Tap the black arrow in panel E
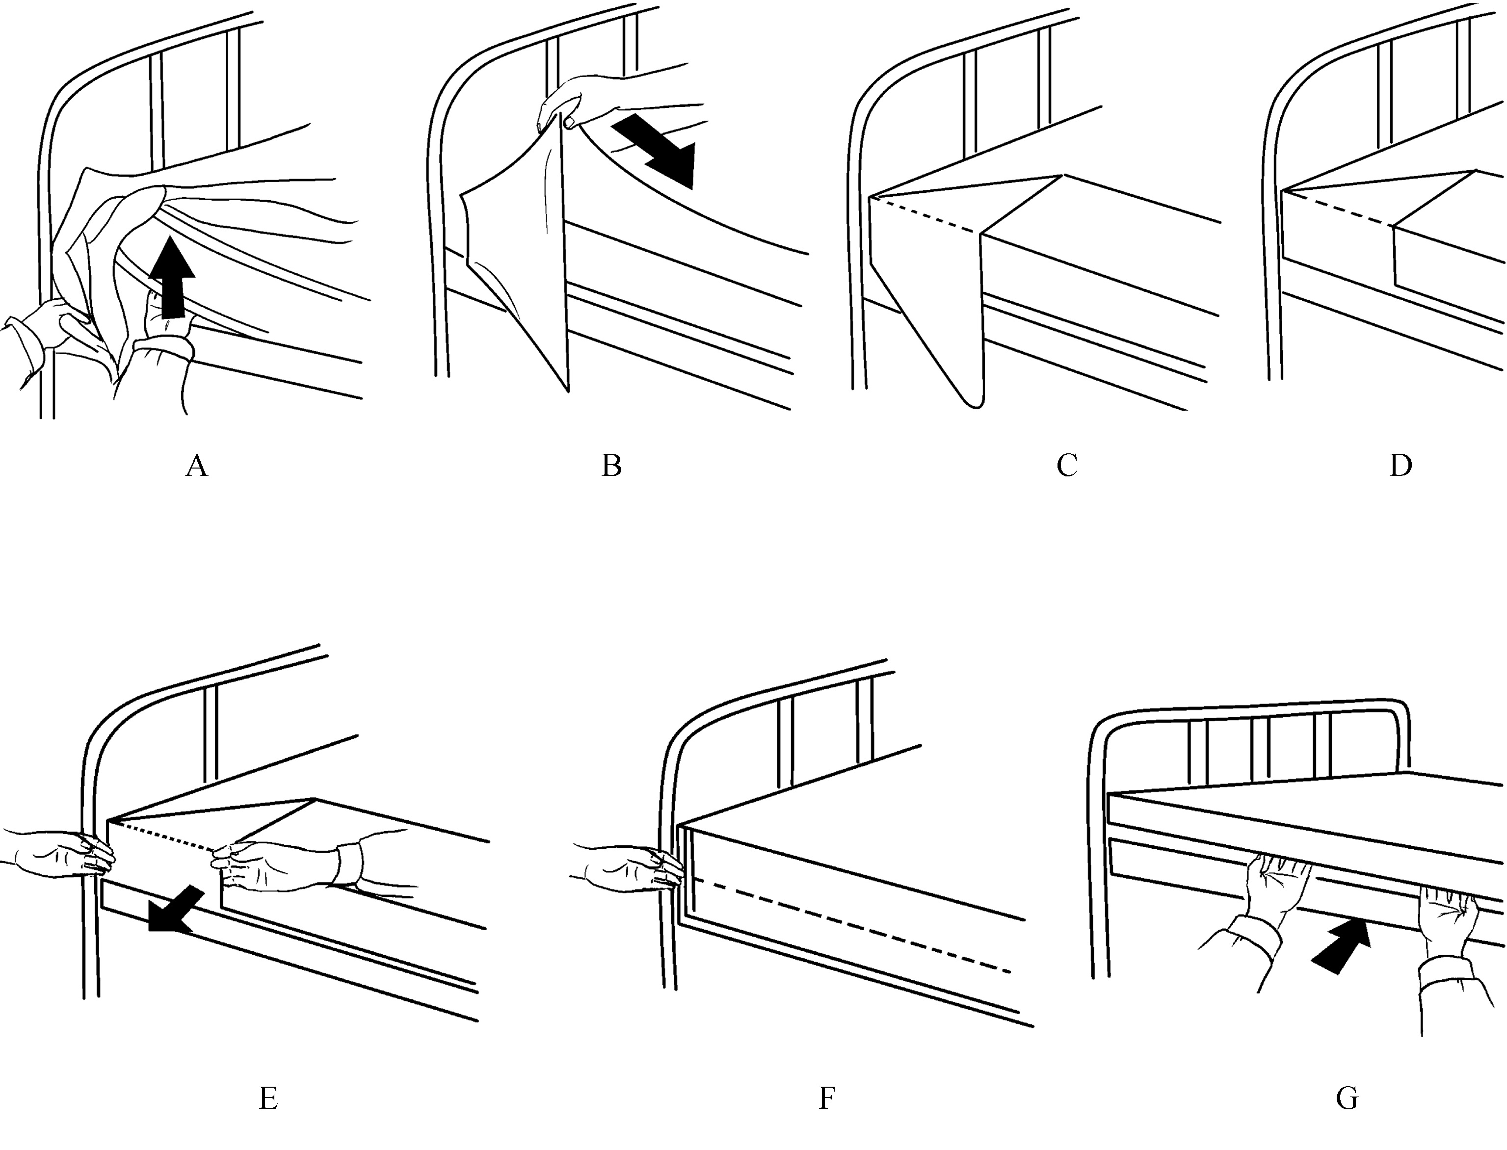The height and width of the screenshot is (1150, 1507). tap(175, 911)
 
